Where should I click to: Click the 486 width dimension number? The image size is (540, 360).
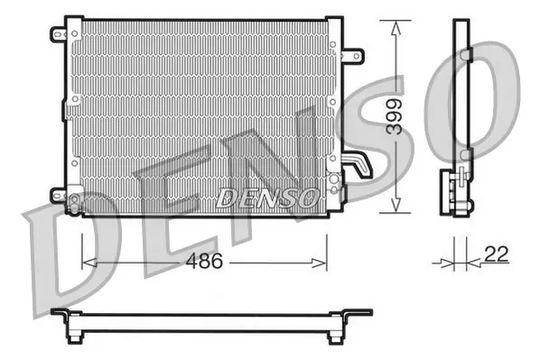tap(204, 262)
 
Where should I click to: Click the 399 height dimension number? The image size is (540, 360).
tap(394, 116)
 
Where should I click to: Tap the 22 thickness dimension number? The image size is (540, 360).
tap(497, 254)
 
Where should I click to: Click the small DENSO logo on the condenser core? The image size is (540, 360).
tap(267, 198)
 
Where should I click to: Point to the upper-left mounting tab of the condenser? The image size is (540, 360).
tap(59, 34)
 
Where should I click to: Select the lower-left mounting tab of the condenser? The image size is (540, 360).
tap(58, 196)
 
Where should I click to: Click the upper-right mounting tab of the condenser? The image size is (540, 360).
tap(353, 55)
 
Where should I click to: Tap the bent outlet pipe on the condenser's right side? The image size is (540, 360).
tap(358, 164)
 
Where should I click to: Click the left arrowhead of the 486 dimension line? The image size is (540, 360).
tap(89, 263)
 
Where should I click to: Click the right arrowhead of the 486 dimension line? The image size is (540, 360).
tap(319, 263)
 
